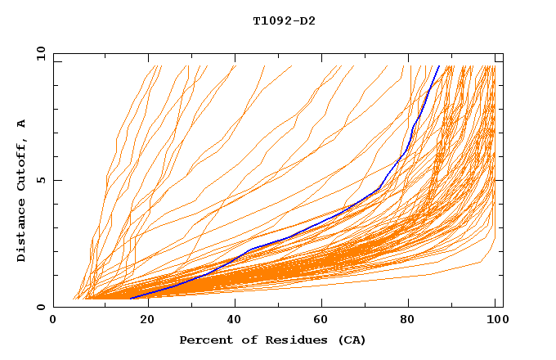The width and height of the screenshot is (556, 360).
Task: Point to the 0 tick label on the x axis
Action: point(53,321)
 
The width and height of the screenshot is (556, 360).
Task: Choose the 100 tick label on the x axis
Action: point(495,321)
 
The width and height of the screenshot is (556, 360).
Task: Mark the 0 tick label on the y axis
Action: point(39,308)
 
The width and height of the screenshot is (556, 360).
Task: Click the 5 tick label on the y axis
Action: point(39,180)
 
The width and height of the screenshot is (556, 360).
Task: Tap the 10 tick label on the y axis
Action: point(39,53)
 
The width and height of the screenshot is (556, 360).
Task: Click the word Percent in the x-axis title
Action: point(202,340)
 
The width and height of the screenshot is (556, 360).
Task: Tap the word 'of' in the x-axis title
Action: point(243,340)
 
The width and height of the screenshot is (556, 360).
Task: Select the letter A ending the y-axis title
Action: point(22,124)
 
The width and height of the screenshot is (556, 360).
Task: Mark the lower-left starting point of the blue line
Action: point(130,298)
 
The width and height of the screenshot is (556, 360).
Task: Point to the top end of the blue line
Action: point(439,66)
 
